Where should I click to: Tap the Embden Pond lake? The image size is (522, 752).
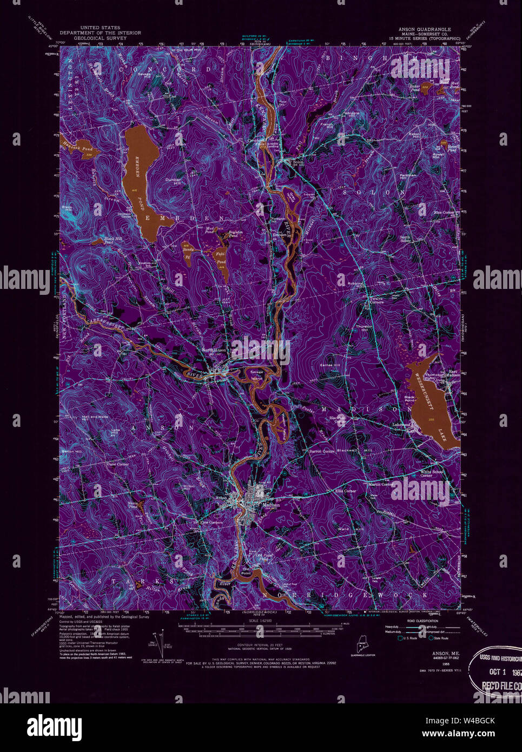click(140, 179)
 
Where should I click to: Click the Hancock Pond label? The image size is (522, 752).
click(78, 148)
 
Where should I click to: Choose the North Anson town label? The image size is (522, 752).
click(214, 349)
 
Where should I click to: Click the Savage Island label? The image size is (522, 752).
click(256, 374)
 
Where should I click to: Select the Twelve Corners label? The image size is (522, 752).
click(376, 300)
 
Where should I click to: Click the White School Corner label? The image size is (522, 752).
click(431, 473)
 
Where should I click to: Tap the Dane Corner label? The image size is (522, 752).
click(117, 464)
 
